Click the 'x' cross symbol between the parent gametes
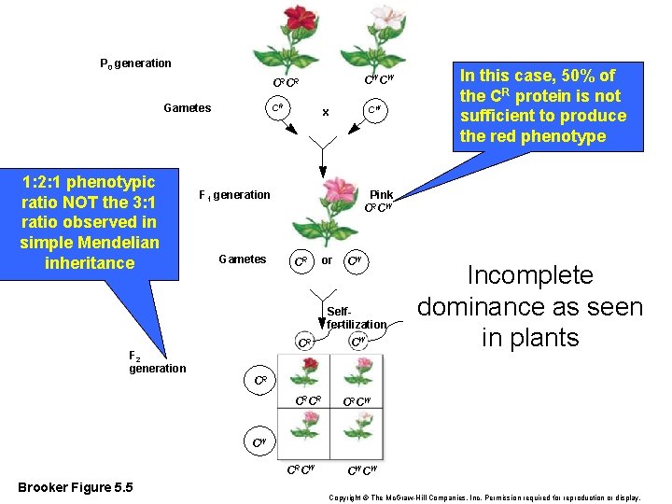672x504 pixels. (x=325, y=112)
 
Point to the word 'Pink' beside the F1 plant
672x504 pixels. (x=381, y=195)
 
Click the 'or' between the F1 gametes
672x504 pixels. (x=327, y=259)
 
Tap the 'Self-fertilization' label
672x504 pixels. (x=355, y=317)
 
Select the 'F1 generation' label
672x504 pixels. (x=234, y=195)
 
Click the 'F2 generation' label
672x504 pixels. (x=157, y=361)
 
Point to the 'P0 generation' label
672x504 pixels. (x=135, y=63)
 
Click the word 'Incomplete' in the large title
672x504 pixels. (x=529, y=275)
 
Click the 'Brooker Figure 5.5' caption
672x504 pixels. (x=76, y=488)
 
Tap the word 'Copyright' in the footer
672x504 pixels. (x=351, y=498)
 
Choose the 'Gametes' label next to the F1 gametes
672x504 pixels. (x=242, y=259)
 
